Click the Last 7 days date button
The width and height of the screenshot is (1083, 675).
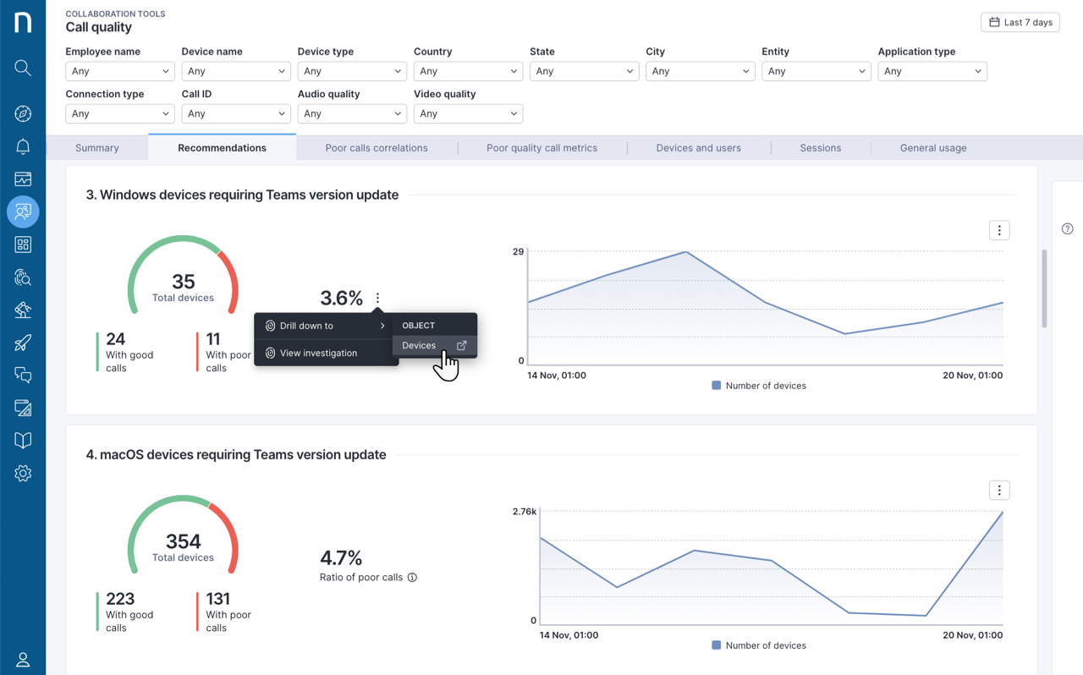click(x=1020, y=22)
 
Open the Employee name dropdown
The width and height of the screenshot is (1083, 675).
click(x=119, y=71)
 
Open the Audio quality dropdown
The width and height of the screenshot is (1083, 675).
click(x=351, y=113)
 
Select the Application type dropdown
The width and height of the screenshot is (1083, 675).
click(x=932, y=71)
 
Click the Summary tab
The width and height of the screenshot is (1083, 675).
click(x=97, y=148)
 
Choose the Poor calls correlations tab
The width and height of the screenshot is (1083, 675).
click(x=377, y=148)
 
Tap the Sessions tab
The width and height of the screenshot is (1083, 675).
click(x=820, y=148)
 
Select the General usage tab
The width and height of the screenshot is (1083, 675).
click(x=933, y=148)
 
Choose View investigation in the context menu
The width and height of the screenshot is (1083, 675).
click(x=318, y=353)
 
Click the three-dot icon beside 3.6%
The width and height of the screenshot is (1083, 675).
click(x=377, y=298)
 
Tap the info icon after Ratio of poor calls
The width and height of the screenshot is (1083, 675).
click(x=412, y=578)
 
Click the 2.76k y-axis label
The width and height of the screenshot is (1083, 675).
click(x=525, y=512)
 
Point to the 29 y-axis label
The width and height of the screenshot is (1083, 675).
click(x=518, y=252)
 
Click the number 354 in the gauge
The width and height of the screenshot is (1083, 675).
click(x=184, y=541)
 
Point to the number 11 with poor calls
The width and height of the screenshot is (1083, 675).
click(x=213, y=339)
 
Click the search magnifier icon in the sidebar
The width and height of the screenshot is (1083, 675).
click(x=23, y=68)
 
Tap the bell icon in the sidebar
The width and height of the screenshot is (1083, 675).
click(x=23, y=146)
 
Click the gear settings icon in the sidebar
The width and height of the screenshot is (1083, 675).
click(x=23, y=474)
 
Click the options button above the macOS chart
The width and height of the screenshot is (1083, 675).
click(x=999, y=491)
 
